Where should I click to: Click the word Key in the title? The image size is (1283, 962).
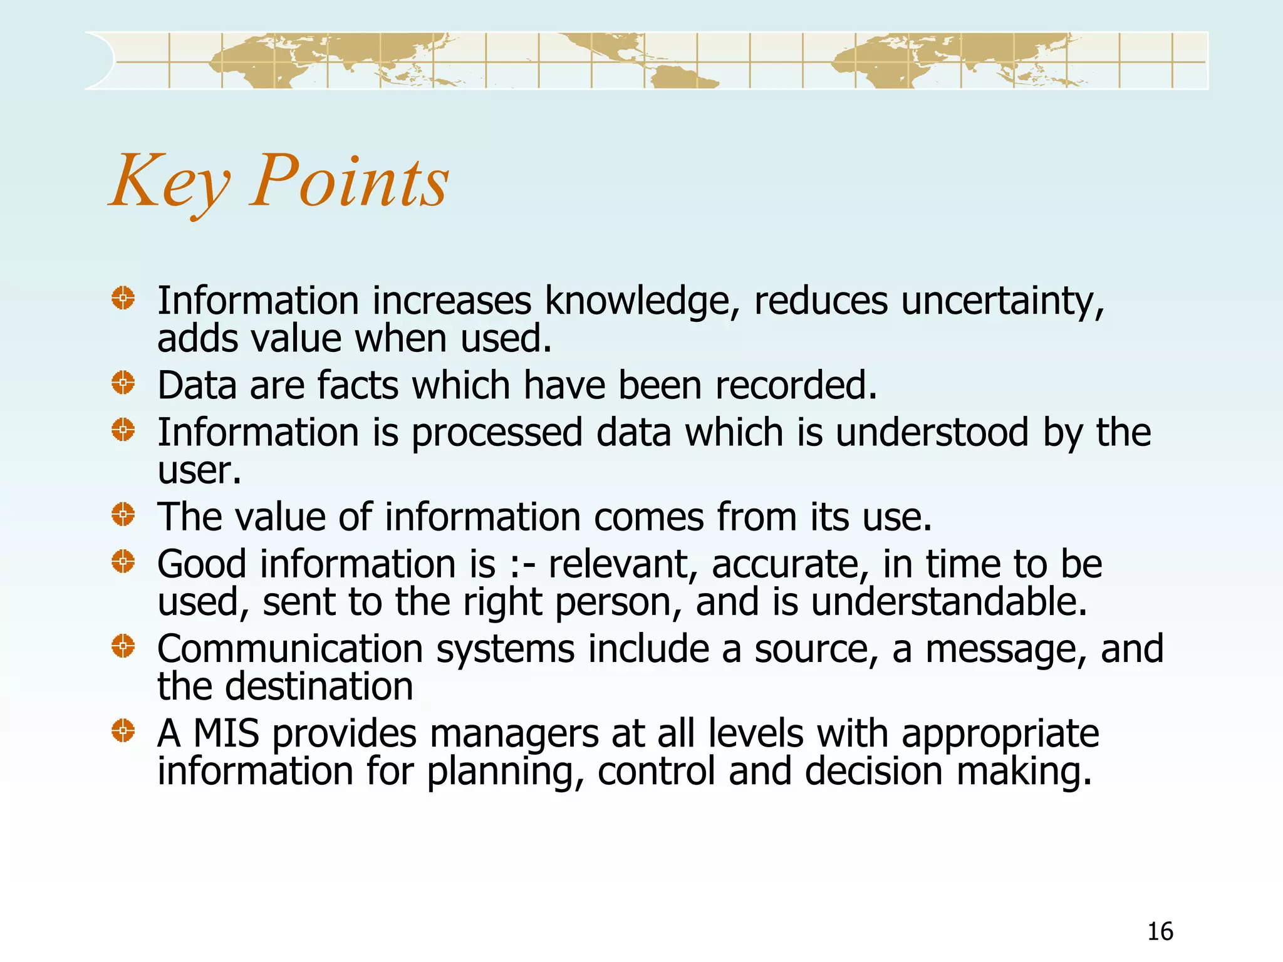(x=170, y=182)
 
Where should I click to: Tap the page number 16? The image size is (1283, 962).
(x=1160, y=931)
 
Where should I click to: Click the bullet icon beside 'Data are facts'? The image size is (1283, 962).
(x=123, y=383)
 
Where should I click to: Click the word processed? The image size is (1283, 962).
(x=497, y=433)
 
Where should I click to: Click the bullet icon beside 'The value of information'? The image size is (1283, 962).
(x=123, y=515)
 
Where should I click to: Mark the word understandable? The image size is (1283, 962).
(x=949, y=602)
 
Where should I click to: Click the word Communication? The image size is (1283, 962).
(x=290, y=649)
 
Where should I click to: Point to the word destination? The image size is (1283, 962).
(x=319, y=686)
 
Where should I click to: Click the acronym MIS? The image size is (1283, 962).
(x=226, y=733)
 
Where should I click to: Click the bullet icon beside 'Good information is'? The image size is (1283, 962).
(x=123, y=562)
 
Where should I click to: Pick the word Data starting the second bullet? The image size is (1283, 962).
(x=197, y=385)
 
